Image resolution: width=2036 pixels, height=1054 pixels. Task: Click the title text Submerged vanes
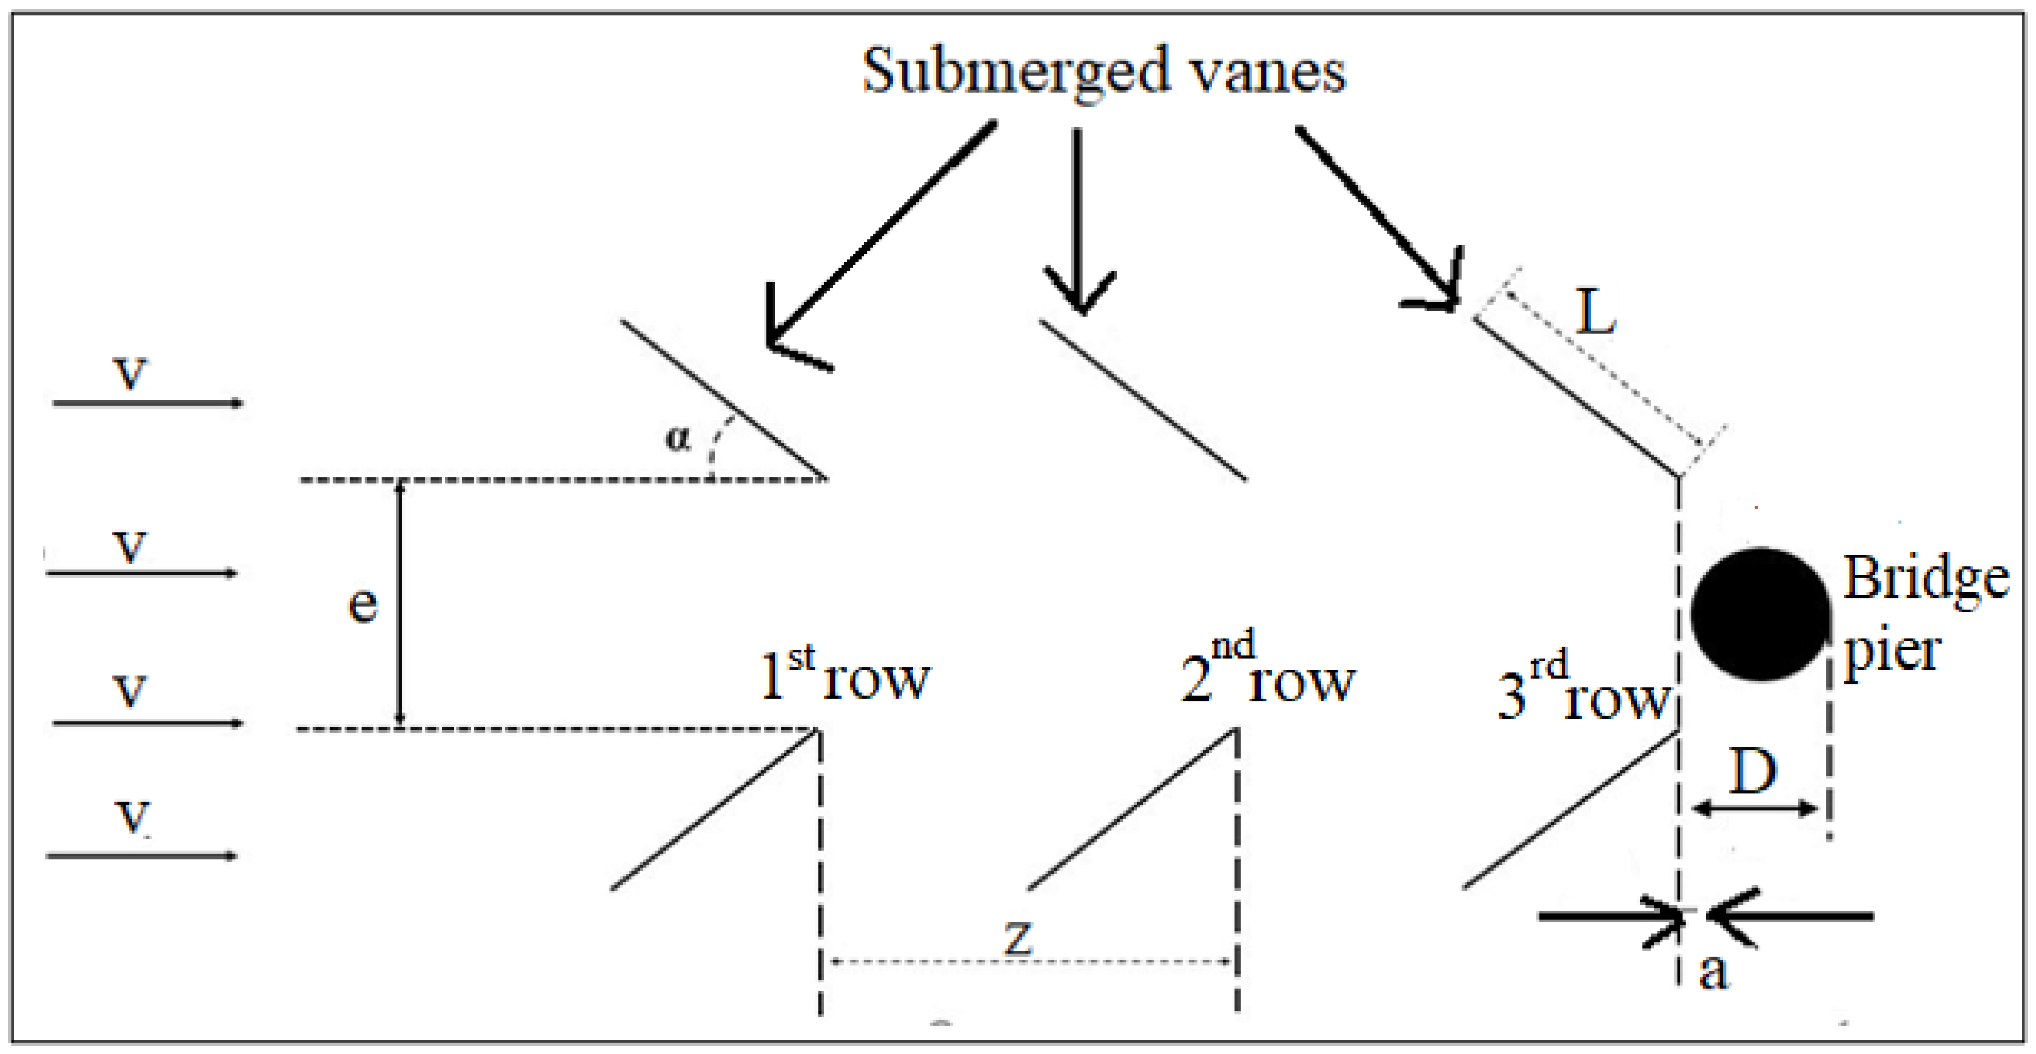tap(1103, 71)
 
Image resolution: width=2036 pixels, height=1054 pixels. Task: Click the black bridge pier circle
tap(1760, 614)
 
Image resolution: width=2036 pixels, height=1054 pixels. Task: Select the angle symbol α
tap(678, 437)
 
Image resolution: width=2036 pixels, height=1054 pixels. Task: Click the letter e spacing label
tap(363, 606)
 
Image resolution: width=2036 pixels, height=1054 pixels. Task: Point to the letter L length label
tap(1595, 312)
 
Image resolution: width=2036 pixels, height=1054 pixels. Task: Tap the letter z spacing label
tap(1018, 937)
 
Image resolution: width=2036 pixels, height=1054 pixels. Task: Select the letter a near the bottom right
tap(1713, 970)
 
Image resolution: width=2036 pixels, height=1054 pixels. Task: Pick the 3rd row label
tap(1582, 688)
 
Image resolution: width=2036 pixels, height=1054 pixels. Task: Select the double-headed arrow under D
tap(1755, 808)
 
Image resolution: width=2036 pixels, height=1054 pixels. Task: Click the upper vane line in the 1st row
tap(723, 399)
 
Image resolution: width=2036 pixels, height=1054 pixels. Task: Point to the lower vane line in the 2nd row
tap(1132, 810)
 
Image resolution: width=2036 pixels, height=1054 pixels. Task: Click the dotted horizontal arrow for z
tap(1028, 962)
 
